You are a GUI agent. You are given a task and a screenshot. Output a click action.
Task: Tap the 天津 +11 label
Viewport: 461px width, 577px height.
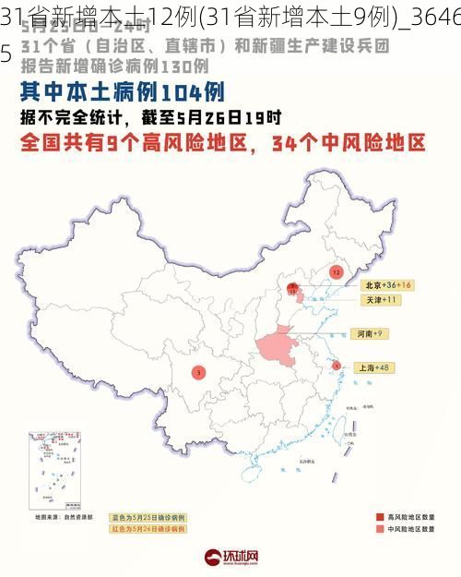point(378,300)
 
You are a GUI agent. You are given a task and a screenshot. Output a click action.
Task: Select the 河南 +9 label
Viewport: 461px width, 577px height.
point(367,333)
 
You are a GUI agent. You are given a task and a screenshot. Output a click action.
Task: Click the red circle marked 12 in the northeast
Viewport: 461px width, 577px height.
point(336,272)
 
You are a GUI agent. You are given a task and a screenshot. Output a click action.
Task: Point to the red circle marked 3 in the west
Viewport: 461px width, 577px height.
point(197,373)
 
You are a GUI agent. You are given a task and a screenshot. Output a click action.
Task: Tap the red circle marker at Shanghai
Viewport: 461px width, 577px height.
point(337,366)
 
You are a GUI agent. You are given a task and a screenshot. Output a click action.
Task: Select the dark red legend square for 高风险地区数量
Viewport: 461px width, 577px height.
point(379,517)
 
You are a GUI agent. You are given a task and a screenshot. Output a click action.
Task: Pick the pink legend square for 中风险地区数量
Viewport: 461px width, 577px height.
point(379,531)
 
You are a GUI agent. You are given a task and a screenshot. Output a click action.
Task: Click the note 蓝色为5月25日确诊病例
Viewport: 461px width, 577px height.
point(148,517)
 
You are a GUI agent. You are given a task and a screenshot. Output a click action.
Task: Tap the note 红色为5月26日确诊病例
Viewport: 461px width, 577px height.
point(148,531)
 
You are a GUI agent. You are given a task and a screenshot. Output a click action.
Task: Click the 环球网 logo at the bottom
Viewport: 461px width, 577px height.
point(230,557)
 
